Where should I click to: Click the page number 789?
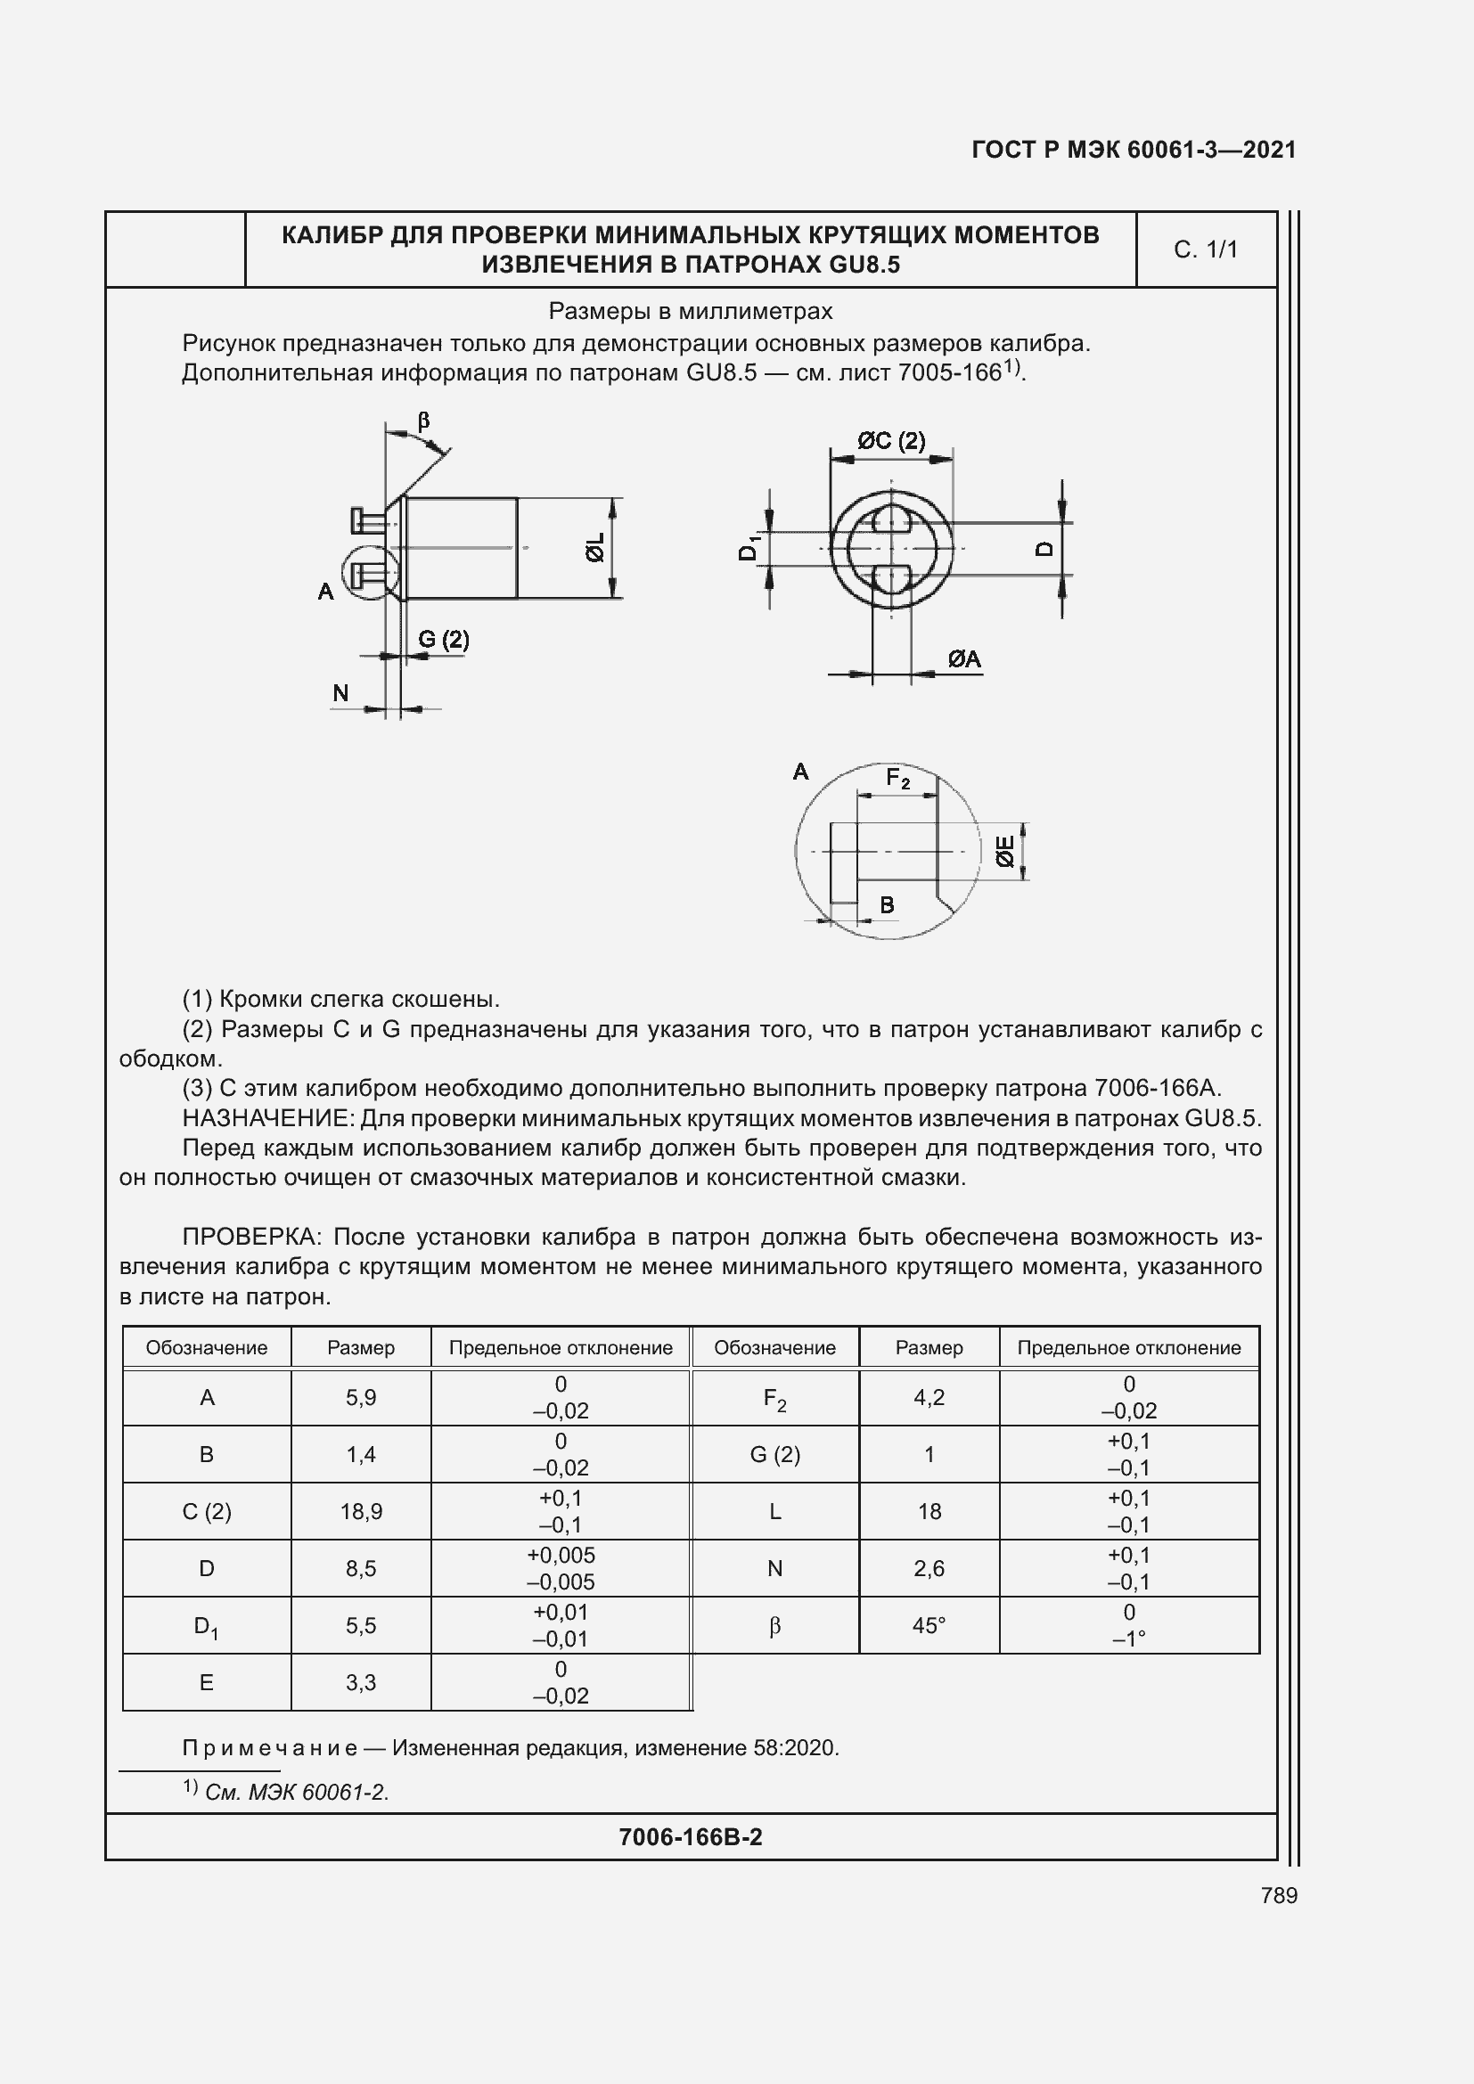1278,1895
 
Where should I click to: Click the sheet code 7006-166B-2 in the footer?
690,1836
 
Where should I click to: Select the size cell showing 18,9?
360,1511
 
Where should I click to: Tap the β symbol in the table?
774,1626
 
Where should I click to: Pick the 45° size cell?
929,1626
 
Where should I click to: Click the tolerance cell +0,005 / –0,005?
560,1568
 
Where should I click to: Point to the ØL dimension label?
594,547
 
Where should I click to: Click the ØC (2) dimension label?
891,441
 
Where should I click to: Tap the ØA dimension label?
964,660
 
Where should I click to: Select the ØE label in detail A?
1004,852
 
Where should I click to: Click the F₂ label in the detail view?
897,779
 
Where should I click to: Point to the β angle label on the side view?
423,421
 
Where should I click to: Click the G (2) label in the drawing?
443,640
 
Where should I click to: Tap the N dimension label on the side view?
340,693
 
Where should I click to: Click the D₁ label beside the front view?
749,549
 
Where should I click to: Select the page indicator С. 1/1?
1206,249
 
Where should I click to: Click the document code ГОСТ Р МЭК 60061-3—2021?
1134,150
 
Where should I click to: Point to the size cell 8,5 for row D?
360,1568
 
